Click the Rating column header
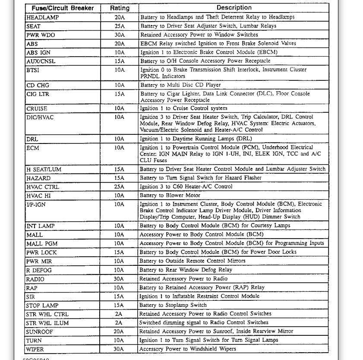pyautogui.click(x=119, y=8)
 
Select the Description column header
pyautogui.click(x=234, y=8)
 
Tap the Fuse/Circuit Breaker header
pyautogui.click(x=63, y=8)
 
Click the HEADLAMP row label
pyautogui.click(x=42, y=17)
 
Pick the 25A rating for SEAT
pyautogui.click(x=119, y=26)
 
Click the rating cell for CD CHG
pyautogui.click(x=119, y=85)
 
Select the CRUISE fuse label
pyautogui.click(x=37, y=108)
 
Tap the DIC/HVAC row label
pyautogui.click(x=40, y=117)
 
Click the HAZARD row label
pyautogui.click(x=38, y=178)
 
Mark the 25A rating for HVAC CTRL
pyautogui.click(x=119, y=187)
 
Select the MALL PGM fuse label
pyautogui.click(x=42, y=244)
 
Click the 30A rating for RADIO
pyautogui.click(x=119, y=279)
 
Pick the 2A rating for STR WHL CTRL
pyautogui.click(x=119, y=314)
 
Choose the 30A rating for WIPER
pyautogui.click(x=119, y=349)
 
